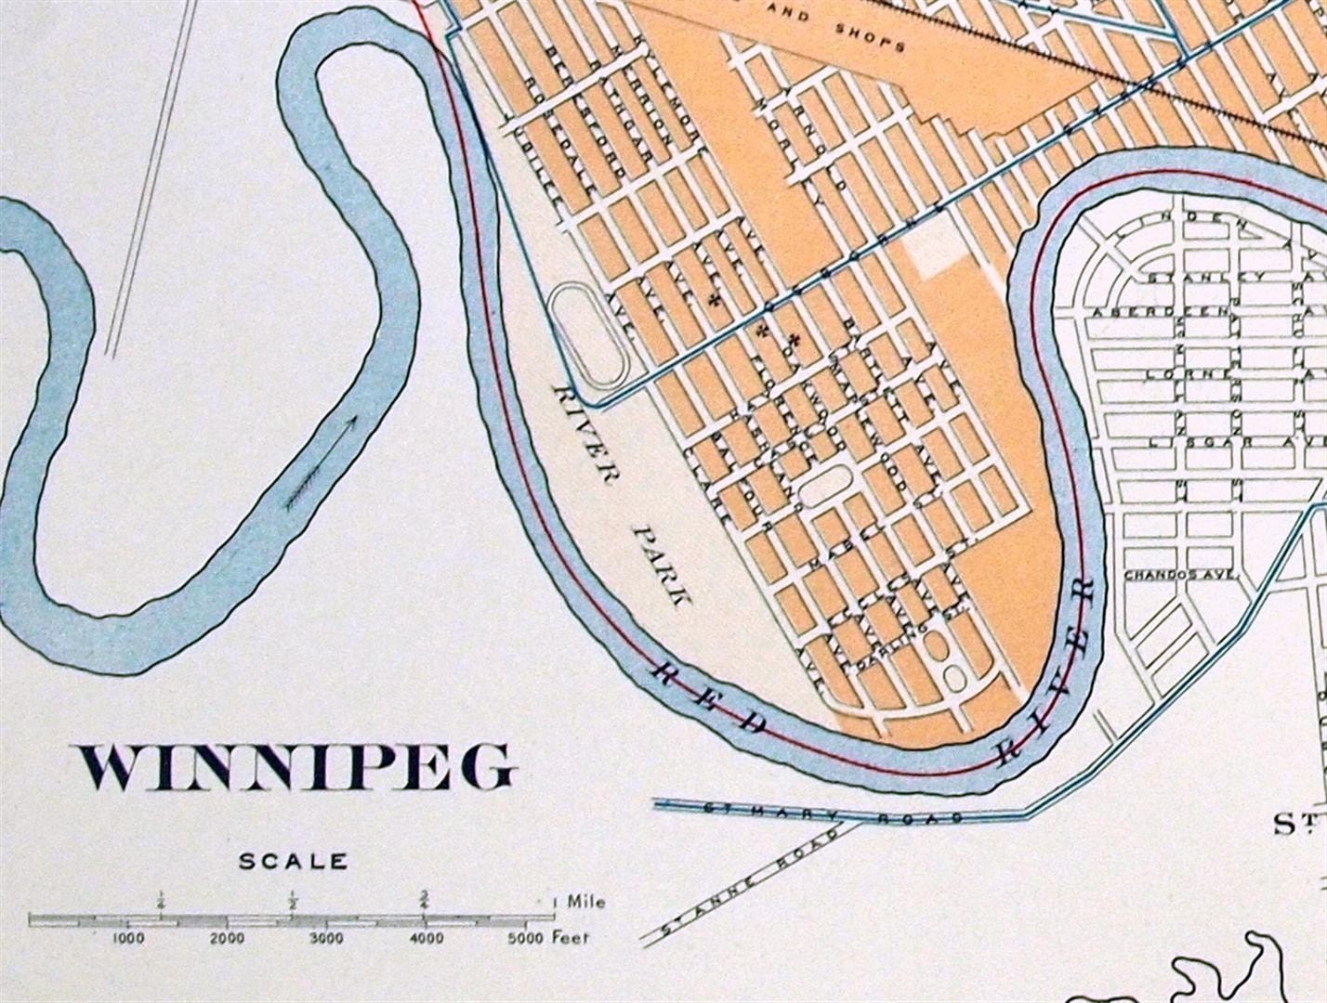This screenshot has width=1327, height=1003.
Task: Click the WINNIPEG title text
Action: [x=296, y=769]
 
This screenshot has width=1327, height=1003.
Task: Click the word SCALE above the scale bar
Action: [x=294, y=862]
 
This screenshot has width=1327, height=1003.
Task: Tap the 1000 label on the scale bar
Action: [x=128, y=939]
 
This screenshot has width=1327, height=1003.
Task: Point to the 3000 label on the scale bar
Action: [x=325, y=939]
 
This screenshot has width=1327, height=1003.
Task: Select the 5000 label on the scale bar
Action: [x=526, y=939]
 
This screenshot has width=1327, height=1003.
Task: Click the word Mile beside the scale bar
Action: [x=586, y=902]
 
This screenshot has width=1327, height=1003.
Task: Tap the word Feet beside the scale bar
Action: [x=572, y=937]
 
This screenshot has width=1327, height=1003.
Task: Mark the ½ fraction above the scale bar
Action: [x=293, y=899]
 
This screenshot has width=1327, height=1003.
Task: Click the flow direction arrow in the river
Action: [x=321, y=462]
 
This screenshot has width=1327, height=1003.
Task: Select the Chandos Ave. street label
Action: [x=1180, y=575]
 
